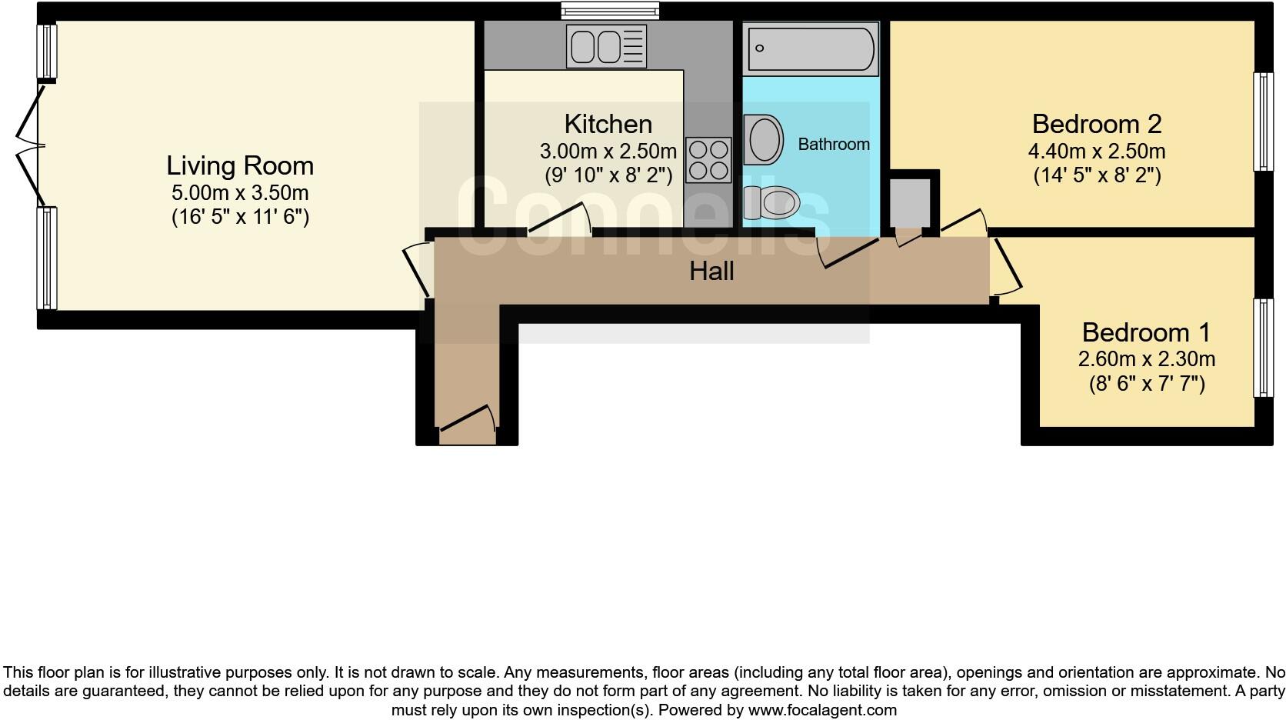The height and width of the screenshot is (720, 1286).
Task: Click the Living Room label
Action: click(x=240, y=165)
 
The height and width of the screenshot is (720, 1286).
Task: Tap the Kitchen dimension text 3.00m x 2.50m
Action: click(x=608, y=151)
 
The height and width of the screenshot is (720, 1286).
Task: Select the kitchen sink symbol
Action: click(x=606, y=45)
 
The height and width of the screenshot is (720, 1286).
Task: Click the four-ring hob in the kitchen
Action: click(x=708, y=160)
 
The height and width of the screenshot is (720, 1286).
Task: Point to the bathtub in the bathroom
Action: click(x=811, y=48)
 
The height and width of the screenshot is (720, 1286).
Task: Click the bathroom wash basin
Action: click(x=763, y=140)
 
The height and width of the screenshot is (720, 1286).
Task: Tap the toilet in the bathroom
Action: click(x=772, y=203)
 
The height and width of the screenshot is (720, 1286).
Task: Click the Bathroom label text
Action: click(x=834, y=145)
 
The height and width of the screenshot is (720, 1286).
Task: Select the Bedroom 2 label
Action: click(x=1096, y=124)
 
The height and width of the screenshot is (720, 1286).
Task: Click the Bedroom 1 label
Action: click(x=1145, y=332)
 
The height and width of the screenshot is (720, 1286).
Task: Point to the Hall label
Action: click(x=711, y=271)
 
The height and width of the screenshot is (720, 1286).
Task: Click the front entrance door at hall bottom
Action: click(x=467, y=425)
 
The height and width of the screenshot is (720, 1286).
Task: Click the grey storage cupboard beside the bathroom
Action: click(x=909, y=202)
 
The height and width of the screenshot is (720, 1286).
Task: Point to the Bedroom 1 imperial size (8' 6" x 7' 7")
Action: click(x=1146, y=383)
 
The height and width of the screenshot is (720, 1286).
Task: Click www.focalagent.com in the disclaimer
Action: click(x=821, y=710)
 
